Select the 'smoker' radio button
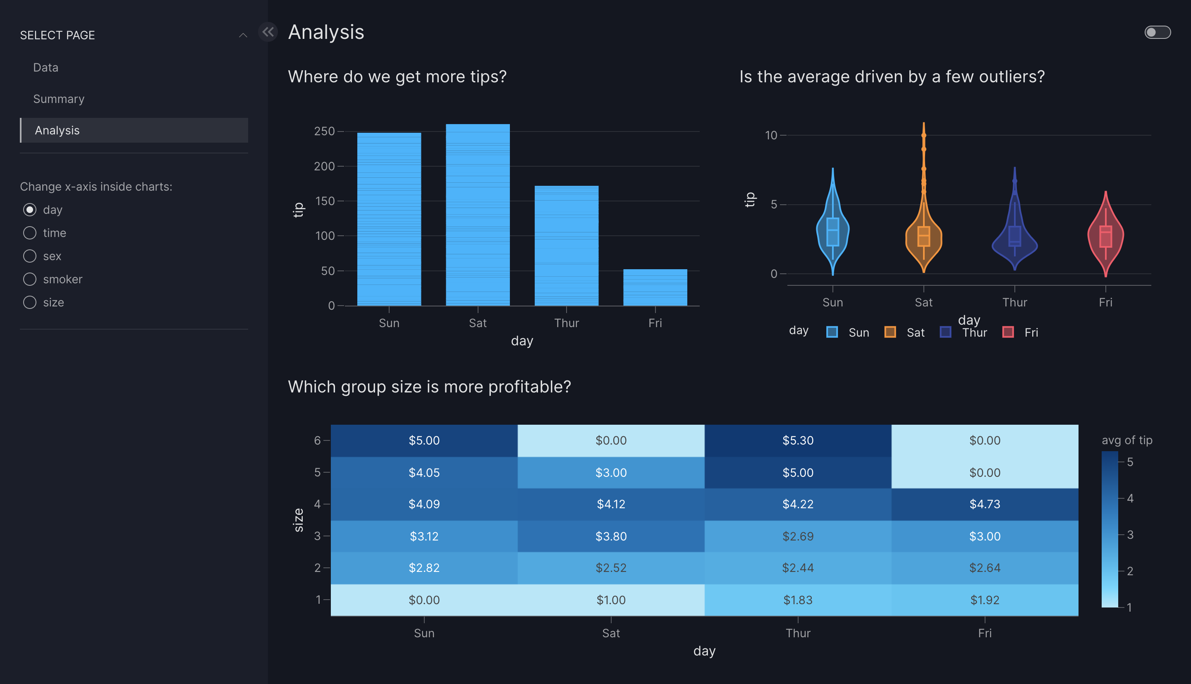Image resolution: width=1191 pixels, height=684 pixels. (30, 279)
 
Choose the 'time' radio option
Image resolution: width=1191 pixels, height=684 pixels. (30, 233)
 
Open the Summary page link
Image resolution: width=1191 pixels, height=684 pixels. (59, 99)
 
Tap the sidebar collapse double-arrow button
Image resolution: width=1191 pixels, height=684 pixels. (268, 32)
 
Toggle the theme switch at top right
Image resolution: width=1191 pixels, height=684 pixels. (1157, 32)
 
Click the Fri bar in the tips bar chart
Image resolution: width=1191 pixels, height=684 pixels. (655, 287)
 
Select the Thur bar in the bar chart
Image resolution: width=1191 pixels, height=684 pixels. (567, 246)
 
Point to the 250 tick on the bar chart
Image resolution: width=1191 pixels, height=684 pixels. (324, 132)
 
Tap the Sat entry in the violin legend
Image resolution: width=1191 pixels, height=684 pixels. (915, 332)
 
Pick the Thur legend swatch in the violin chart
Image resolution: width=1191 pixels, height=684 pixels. (945, 332)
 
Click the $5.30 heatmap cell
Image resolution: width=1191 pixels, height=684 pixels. (797, 440)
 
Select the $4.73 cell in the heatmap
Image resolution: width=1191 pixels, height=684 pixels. (984, 504)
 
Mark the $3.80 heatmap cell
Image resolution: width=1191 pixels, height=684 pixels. (610, 536)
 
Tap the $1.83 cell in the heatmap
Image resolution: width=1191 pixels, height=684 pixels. (797, 600)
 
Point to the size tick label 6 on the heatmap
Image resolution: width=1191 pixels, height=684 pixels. (318, 440)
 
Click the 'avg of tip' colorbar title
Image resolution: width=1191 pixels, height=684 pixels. (1126, 440)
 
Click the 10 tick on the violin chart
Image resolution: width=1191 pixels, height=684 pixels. (771, 135)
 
